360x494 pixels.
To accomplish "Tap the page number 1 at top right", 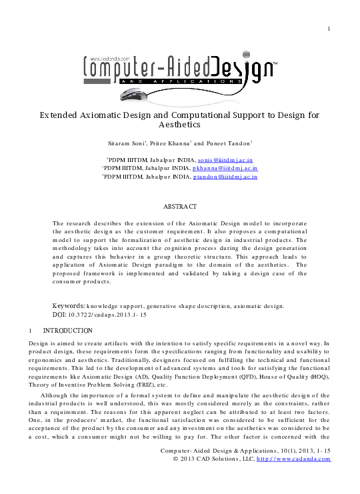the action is click(329, 29).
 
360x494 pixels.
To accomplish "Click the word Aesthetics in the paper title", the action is click(180, 124).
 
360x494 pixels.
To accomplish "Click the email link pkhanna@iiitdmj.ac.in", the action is click(227, 169).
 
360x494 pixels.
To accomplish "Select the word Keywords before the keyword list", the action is click(68, 306).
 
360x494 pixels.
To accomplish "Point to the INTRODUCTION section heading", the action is click(67, 331).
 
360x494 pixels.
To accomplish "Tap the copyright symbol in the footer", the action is click(175, 459).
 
